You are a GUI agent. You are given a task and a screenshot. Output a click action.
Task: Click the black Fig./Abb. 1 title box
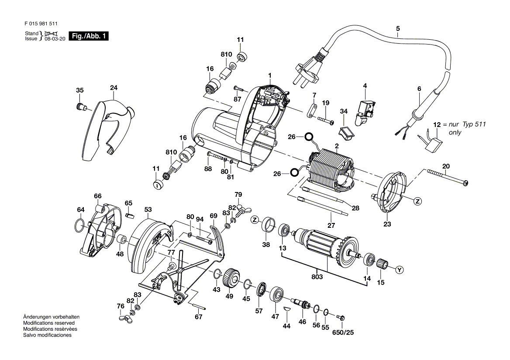[89, 36]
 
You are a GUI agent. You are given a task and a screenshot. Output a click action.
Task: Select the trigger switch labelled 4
[366, 112]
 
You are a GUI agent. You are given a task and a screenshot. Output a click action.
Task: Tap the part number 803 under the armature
[317, 277]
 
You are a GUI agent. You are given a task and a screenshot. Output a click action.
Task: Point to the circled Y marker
[400, 270]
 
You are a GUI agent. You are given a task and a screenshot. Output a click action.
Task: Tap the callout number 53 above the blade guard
[148, 209]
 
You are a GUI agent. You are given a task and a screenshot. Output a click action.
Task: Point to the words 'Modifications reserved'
[49, 323]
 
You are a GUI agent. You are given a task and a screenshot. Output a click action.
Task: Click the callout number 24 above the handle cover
[114, 87]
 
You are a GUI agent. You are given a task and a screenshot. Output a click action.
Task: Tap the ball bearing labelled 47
[277, 295]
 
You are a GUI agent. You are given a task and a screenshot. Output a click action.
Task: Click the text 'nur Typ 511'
[467, 124]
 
